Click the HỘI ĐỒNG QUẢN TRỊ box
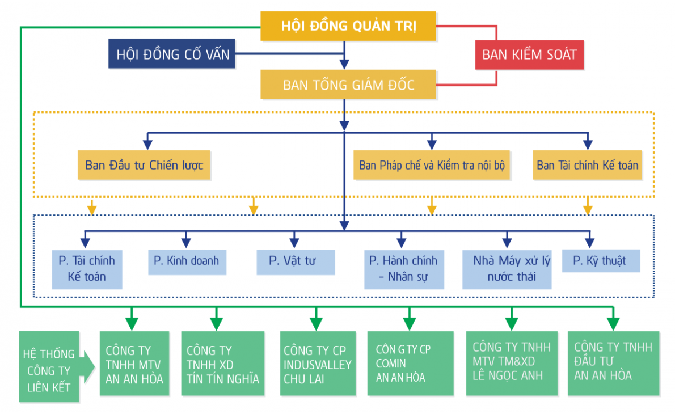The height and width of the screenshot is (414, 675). pyautogui.click(x=348, y=27)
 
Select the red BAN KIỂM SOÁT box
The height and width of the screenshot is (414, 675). pyautogui.click(x=529, y=55)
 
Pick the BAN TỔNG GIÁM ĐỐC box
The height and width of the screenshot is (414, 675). pyautogui.click(x=348, y=85)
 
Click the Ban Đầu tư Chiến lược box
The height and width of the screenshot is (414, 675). pyautogui.click(x=144, y=166)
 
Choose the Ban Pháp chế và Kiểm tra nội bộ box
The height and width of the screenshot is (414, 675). pyautogui.click(x=431, y=166)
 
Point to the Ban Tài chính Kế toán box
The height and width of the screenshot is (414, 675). pyautogui.click(x=587, y=166)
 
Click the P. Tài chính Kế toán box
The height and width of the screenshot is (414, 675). pyautogui.click(x=87, y=269)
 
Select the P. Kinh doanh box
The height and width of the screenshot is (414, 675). pyautogui.click(x=187, y=261)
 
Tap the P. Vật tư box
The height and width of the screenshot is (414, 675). pyautogui.click(x=295, y=261)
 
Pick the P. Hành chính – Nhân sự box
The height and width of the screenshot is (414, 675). pyautogui.click(x=403, y=269)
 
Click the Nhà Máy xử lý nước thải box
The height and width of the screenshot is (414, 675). pyautogui.click(x=507, y=269)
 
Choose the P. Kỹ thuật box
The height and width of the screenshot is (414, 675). pyautogui.click(x=600, y=261)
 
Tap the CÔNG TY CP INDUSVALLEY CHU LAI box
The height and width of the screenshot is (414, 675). pyautogui.click(x=317, y=364)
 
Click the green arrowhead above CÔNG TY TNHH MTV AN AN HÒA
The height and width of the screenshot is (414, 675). pyautogui.click(x=132, y=324)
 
